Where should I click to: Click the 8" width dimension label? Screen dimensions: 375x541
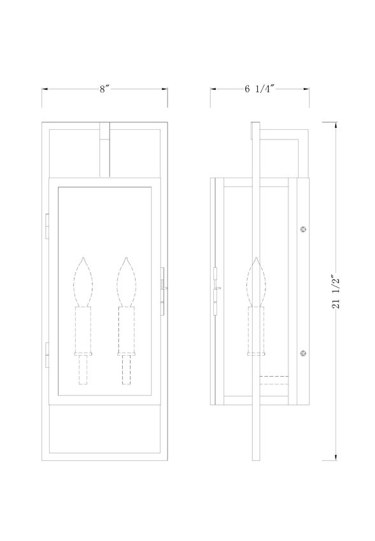pyautogui.click(x=104, y=89)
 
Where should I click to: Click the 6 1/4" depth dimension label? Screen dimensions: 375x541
pyautogui.click(x=259, y=89)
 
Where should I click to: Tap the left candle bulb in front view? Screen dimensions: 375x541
pyautogui.click(x=83, y=282)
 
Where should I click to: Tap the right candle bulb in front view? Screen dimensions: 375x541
pyautogui.click(x=127, y=282)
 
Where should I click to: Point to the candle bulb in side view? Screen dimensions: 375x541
pyautogui.click(x=256, y=282)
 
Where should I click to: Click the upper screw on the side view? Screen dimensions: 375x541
pyautogui.click(x=303, y=229)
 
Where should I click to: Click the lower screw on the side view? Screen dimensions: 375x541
pyautogui.click(x=303, y=353)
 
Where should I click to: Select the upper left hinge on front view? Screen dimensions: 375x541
pyautogui.click(x=47, y=227)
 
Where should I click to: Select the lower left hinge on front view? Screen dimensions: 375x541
pyautogui.click(x=47, y=355)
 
